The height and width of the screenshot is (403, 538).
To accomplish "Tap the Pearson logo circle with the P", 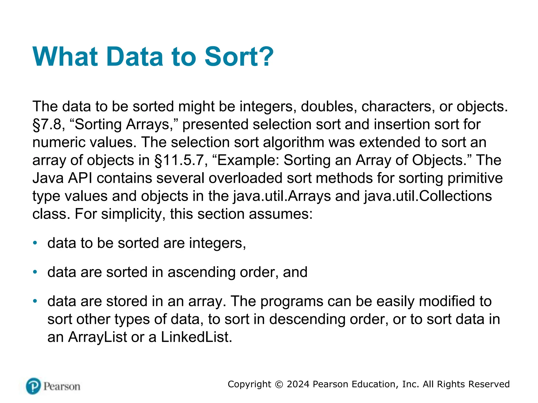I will (x=34, y=386).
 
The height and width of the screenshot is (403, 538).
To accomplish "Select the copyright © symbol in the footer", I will (x=279, y=384).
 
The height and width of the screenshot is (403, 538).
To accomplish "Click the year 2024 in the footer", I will (x=298, y=384).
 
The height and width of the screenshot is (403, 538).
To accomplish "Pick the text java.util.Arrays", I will (x=282, y=196).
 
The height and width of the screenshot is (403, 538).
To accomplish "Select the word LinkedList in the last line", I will (x=196, y=337).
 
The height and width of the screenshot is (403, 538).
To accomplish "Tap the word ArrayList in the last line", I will (x=97, y=337).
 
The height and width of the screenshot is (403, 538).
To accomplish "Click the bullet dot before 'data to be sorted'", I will (x=35, y=243).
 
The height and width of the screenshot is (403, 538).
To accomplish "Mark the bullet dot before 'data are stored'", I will (x=35, y=301).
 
